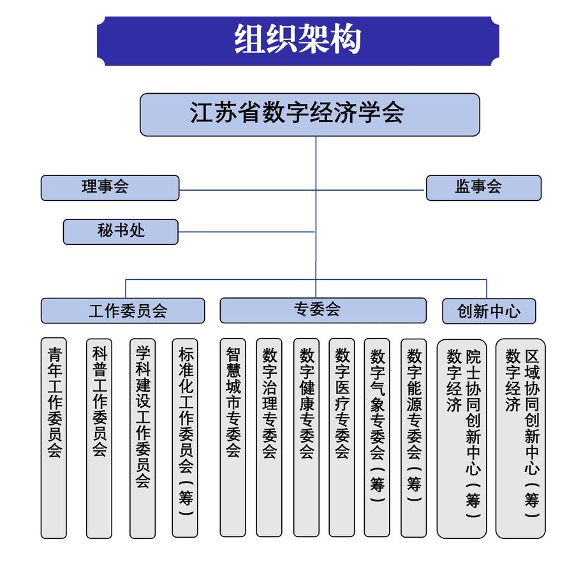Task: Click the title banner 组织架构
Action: click(297, 40)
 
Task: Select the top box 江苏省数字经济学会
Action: click(309, 114)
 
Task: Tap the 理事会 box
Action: click(110, 188)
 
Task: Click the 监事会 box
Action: click(483, 188)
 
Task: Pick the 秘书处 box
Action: click(120, 232)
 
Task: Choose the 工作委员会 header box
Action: click(122, 311)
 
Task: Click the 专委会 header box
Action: click(323, 310)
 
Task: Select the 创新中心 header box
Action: click(489, 311)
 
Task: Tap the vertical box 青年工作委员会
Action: click(54, 438)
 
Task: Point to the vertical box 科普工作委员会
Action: click(99, 438)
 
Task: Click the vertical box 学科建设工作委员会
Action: click(142, 438)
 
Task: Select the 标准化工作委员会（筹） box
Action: click(186, 438)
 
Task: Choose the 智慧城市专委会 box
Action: click(232, 438)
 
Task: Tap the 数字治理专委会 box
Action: click(269, 438)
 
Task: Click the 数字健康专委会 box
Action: click(306, 438)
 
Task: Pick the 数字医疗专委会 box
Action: click(342, 438)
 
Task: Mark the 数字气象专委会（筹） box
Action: click(377, 438)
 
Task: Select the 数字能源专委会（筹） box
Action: click(413, 438)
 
